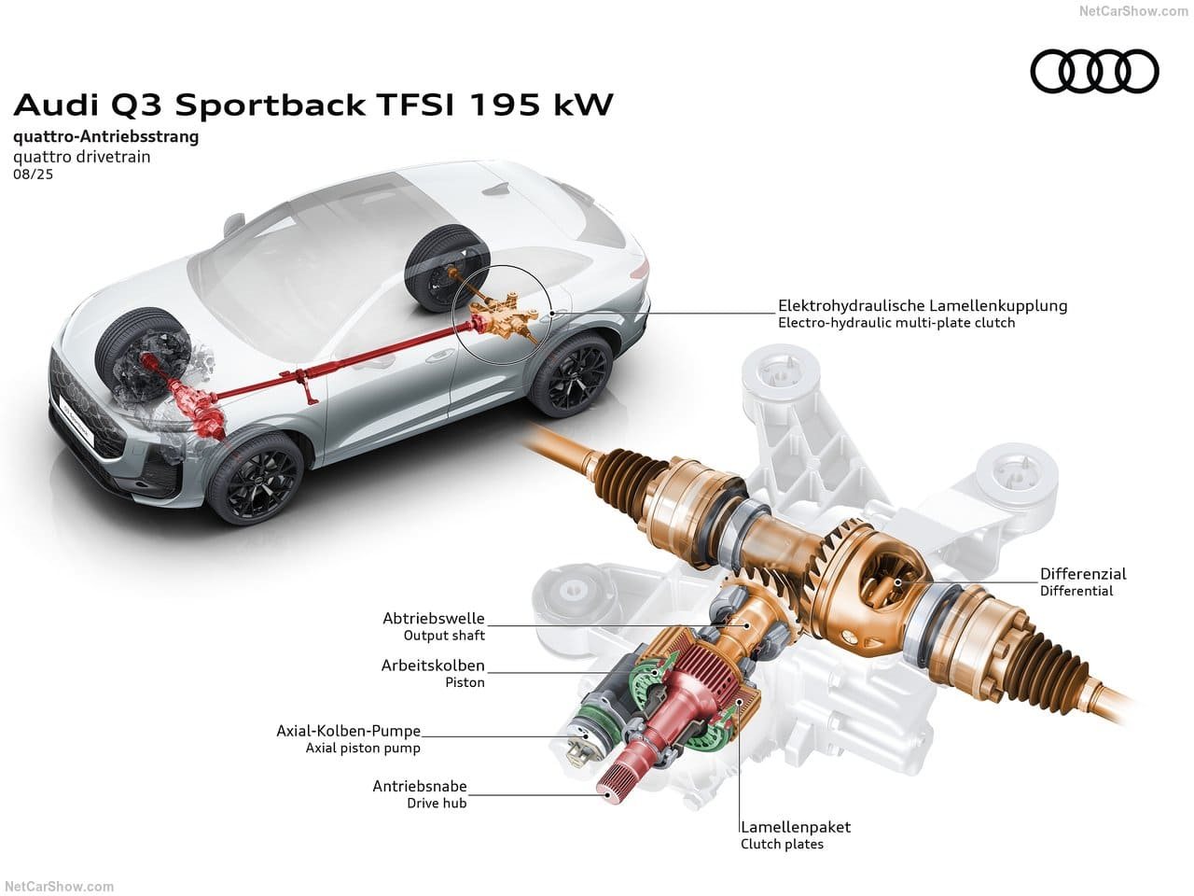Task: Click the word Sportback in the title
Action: pyautogui.click(x=271, y=105)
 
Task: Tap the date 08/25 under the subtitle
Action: pyautogui.click(x=34, y=175)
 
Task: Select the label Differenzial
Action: pyautogui.click(x=1083, y=573)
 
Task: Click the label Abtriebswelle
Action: pyautogui.click(x=434, y=618)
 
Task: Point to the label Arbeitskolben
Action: pyautogui.click(x=433, y=665)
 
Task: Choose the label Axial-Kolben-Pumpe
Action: pyautogui.click(x=349, y=731)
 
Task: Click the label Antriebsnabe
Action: pyautogui.click(x=420, y=786)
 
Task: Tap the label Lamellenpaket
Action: pyautogui.click(x=796, y=827)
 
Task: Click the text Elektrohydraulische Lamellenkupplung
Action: pyautogui.click(x=923, y=306)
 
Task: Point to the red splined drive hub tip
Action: pyautogui.click(x=611, y=791)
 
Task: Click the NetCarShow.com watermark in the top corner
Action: pyautogui.click(x=1133, y=11)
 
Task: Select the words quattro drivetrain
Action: pyautogui.click(x=81, y=157)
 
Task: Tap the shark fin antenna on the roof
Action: pyautogui.click(x=496, y=189)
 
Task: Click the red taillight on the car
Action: pyautogui.click(x=641, y=270)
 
